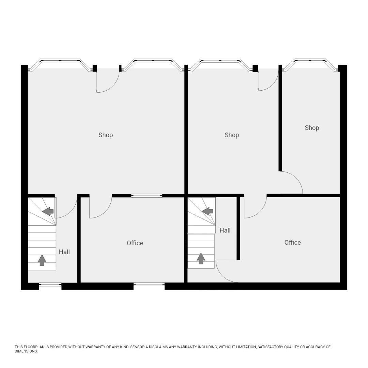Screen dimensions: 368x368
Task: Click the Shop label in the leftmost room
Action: (x=106, y=135)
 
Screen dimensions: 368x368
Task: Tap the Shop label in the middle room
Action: (x=232, y=135)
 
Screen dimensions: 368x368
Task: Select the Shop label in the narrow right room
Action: (x=312, y=128)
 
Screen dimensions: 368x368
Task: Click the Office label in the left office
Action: (x=135, y=243)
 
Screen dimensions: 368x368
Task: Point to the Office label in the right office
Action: (x=293, y=242)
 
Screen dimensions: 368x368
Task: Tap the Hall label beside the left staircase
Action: (x=64, y=252)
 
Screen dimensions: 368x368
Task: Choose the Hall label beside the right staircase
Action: (x=225, y=230)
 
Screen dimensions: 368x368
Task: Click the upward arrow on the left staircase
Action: (x=42, y=260)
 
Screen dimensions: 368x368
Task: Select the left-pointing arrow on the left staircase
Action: (x=48, y=211)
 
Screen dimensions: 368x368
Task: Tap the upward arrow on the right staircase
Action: (x=201, y=258)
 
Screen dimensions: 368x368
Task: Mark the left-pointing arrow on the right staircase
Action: (x=208, y=211)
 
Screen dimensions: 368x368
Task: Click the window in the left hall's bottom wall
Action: (x=50, y=284)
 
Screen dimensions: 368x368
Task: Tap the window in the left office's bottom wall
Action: (x=149, y=284)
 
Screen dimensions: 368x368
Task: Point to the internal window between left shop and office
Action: (x=147, y=196)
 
